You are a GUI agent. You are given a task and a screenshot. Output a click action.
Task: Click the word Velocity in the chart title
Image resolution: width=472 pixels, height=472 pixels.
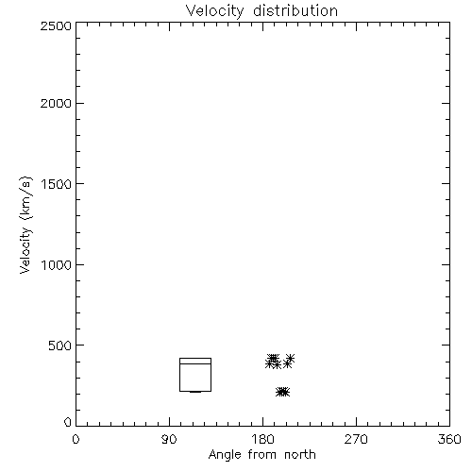pos(215,11)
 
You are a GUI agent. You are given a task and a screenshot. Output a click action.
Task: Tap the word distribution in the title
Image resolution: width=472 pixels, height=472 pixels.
pos(295,10)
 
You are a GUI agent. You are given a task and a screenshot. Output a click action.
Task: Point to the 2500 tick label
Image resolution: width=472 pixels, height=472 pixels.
pos(56,25)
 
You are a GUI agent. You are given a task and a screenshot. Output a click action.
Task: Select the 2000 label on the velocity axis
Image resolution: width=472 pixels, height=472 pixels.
pos(56,103)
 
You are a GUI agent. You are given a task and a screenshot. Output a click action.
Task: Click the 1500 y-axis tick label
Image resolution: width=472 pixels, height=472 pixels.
pos(57,184)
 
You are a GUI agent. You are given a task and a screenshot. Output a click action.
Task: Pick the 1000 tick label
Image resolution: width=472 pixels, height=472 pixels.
pos(57,265)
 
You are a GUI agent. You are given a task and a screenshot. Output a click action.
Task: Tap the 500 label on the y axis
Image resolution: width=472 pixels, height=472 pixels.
pos(60,346)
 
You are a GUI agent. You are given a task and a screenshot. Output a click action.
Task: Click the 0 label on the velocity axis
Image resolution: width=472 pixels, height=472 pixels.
pos(68,422)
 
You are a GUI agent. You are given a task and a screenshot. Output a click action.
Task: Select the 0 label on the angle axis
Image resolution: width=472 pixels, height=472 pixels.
pos(76,439)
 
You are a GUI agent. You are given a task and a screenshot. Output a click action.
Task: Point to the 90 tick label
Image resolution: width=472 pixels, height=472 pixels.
pos(169,439)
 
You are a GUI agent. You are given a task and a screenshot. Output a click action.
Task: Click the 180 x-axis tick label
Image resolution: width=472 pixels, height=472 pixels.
pos(263,439)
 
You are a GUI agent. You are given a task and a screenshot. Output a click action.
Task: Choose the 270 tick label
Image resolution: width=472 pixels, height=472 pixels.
pos(356,439)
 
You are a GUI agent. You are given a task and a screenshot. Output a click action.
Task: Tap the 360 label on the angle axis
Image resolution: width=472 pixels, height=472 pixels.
pos(449,439)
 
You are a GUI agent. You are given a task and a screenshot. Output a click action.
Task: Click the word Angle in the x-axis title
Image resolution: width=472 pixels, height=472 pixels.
pos(225,456)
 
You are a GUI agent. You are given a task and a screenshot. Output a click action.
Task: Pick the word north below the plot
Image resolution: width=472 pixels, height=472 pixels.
pos(300,455)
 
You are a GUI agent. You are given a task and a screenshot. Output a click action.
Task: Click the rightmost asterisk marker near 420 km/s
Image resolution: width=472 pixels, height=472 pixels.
pos(290,358)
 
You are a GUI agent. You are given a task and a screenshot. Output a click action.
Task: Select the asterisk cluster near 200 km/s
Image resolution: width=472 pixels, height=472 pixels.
pos(282,392)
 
